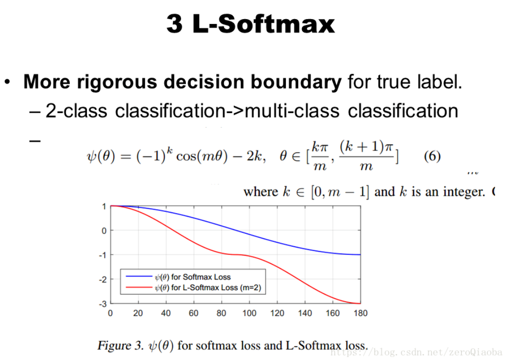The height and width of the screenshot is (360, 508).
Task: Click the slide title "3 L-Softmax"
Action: coord(250,24)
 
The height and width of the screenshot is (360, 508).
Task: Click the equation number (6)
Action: coord(432,157)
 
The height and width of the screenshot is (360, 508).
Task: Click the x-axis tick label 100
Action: coord(249,313)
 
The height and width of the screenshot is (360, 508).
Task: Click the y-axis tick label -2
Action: coord(102,279)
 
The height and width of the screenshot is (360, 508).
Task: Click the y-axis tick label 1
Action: coord(104,206)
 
